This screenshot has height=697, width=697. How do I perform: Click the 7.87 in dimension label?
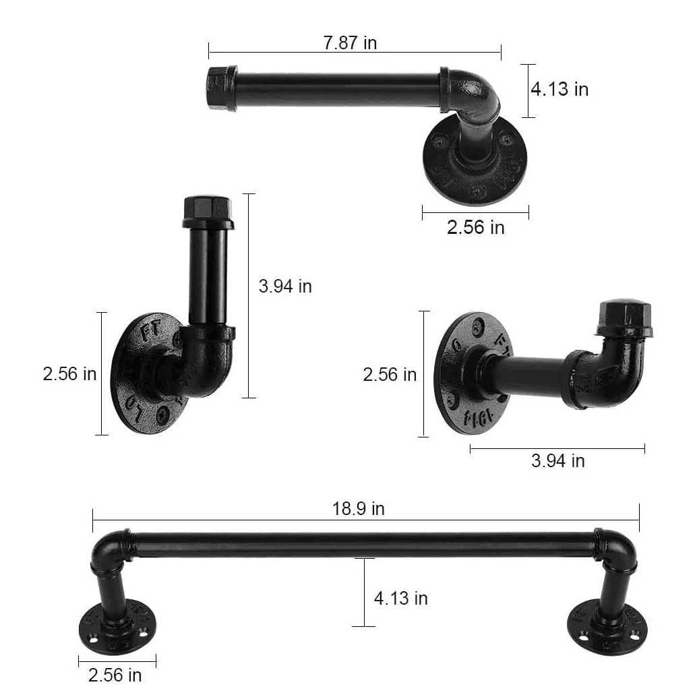[x=350, y=43]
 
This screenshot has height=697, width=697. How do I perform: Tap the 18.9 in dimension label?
[x=358, y=509]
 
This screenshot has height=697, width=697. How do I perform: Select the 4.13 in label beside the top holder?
[x=559, y=89]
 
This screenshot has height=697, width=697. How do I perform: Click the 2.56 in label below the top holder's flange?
[x=475, y=227]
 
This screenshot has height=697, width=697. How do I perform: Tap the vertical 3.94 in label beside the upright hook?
[x=285, y=286]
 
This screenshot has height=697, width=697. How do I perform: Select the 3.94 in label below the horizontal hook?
[x=557, y=461]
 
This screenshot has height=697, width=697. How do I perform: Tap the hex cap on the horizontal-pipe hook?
[x=624, y=317]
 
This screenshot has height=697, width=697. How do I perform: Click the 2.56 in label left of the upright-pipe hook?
[x=69, y=374]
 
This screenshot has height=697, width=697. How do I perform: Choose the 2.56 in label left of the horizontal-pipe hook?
[x=390, y=374]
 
